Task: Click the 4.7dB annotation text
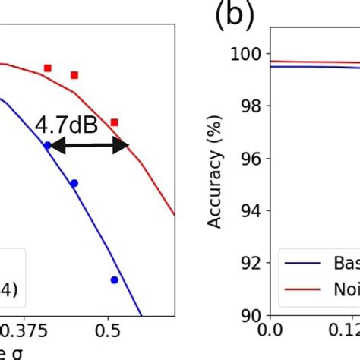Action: [x=67, y=123]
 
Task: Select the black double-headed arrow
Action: [x=89, y=146]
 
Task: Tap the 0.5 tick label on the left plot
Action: [x=109, y=332]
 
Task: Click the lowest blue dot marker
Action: [x=114, y=279]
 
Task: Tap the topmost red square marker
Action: [x=47, y=68]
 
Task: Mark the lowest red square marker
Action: [x=114, y=122]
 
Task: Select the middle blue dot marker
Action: [x=74, y=183]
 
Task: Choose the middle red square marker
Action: [x=74, y=75]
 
